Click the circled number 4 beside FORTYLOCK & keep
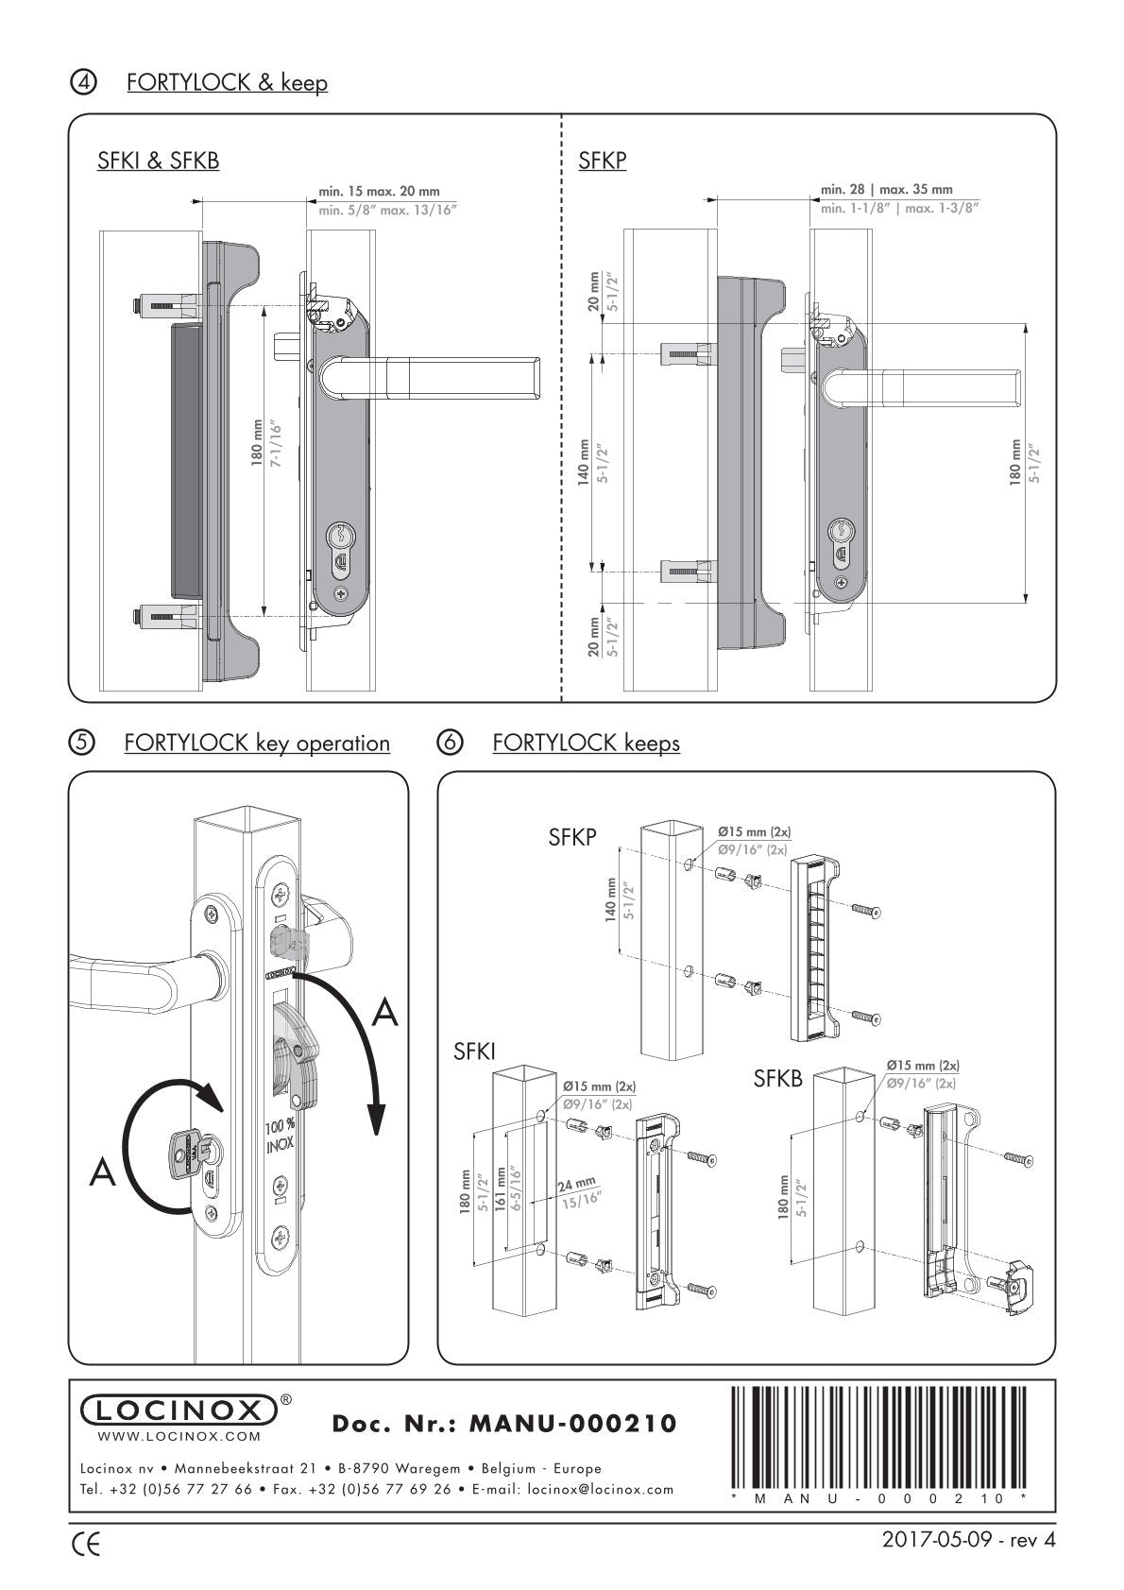tap(84, 82)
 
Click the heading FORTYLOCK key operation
tap(257, 743)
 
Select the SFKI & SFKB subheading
tap(159, 161)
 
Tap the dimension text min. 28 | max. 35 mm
tap(886, 190)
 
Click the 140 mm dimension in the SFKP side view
tap(585, 460)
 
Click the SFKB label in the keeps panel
tap(777, 1079)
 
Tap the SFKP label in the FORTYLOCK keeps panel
tap(572, 837)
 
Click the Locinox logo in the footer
tap(177, 1410)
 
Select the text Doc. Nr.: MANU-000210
tap(505, 1423)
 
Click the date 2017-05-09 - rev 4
tap(967, 1540)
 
